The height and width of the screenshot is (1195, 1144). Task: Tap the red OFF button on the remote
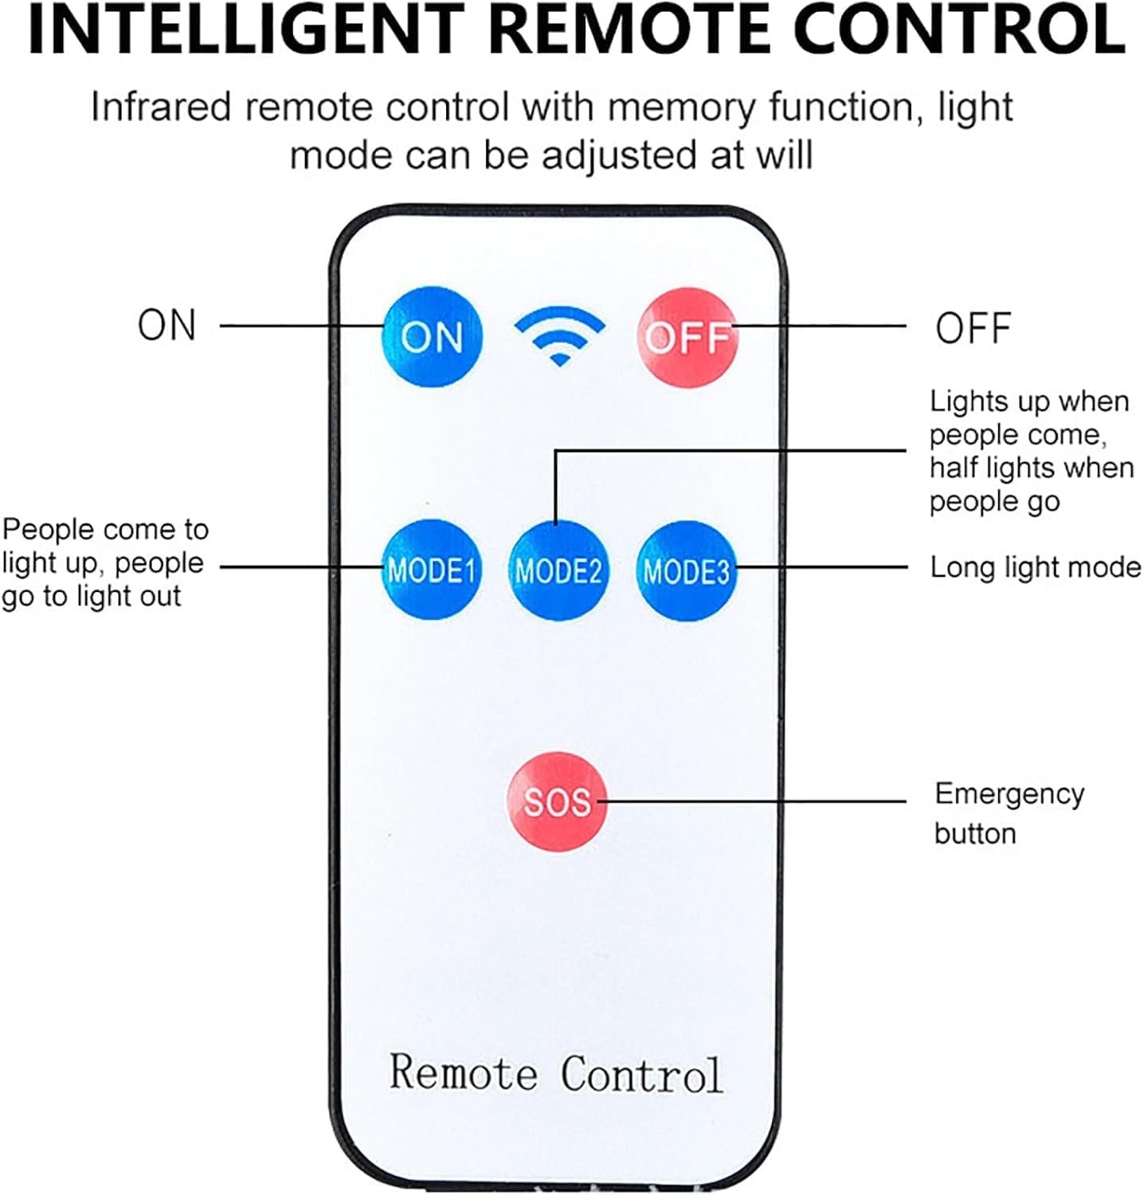(687, 337)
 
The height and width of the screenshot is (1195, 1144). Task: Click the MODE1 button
(431, 570)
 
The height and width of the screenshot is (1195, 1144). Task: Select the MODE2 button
(558, 570)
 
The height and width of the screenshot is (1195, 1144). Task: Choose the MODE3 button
(686, 570)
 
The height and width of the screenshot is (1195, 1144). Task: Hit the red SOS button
(557, 801)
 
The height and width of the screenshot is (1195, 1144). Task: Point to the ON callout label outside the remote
(167, 325)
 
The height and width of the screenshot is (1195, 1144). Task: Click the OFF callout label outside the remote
(973, 328)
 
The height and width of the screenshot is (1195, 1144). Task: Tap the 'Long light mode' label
(1035, 567)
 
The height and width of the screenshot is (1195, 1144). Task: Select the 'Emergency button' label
(1009, 813)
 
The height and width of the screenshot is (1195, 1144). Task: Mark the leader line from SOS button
(757, 801)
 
